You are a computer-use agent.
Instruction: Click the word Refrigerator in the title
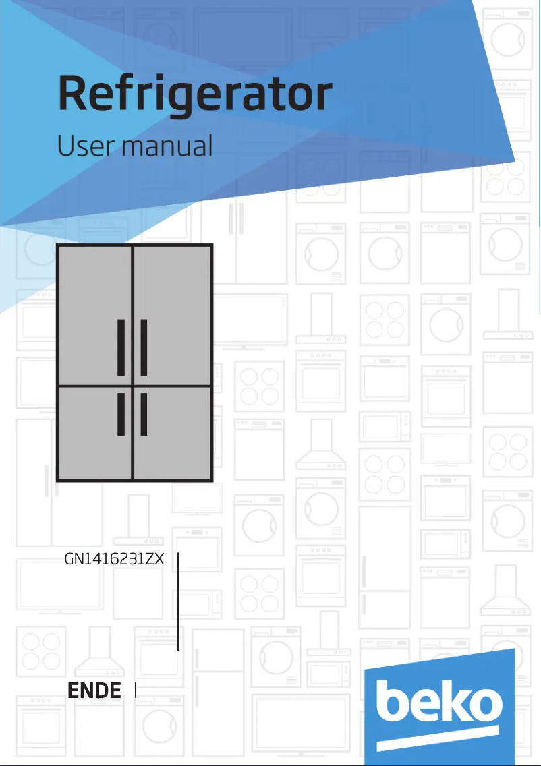coord(195,95)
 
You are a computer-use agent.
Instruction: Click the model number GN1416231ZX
coord(115,559)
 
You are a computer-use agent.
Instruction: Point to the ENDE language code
coord(94,690)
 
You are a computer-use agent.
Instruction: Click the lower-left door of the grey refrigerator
coord(94,432)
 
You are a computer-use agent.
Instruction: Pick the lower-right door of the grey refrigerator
coord(172,432)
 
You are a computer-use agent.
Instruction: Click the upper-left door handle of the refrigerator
coord(121,347)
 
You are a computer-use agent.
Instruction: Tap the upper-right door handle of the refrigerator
coord(144,347)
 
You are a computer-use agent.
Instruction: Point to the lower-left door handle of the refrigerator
coord(121,413)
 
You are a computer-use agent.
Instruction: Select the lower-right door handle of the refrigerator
coord(144,413)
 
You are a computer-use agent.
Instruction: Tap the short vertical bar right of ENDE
coord(136,690)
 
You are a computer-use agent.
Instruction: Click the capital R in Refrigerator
coord(74,94)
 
